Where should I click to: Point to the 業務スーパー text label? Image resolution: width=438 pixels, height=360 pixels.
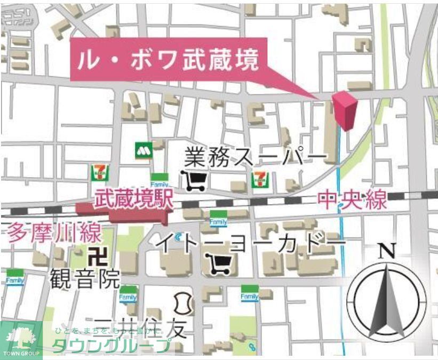click(x=255, y=157)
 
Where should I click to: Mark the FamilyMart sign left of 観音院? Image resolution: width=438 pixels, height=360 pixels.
click(x=15, y=278)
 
